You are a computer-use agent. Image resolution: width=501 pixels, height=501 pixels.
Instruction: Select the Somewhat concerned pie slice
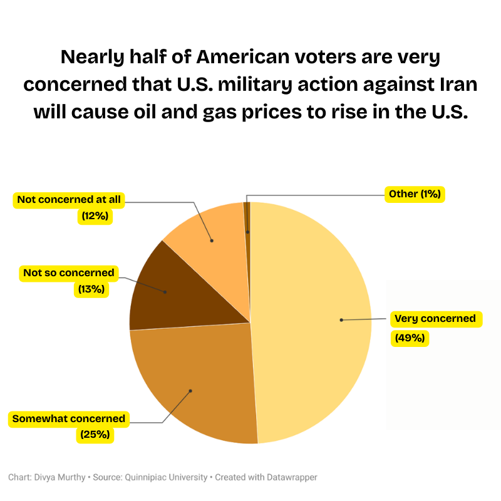pyautogui.click(x=194, y=382)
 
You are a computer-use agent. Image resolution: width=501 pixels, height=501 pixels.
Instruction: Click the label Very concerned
pyautogui.click(x=435, y=319)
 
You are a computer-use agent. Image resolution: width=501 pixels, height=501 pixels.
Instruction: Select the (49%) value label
pyautogui.click(x=410, y=338)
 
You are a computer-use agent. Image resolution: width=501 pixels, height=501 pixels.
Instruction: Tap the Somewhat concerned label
pyautogui.click(x=69, y=418)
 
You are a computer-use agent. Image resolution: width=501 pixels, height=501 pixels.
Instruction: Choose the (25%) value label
pyautogui.click(x=95, y=434)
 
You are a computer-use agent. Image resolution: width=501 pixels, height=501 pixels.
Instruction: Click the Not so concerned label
pyautogui.click(x=69, y=273)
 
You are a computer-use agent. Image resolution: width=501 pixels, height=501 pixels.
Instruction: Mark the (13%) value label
pyautogui.click(x=91, y=289)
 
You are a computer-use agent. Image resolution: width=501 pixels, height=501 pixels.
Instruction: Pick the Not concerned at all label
pyautogui.click(x=70, y=200)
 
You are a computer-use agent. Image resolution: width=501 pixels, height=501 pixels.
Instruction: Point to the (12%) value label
pyautogui.click(x=95, y=216)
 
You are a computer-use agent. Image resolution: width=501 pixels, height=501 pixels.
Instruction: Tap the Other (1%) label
pyautogui.click(x=415, y=194)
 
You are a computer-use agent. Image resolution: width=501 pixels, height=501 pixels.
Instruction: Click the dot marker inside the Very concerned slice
pyautogui.click(x=341, y=320)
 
